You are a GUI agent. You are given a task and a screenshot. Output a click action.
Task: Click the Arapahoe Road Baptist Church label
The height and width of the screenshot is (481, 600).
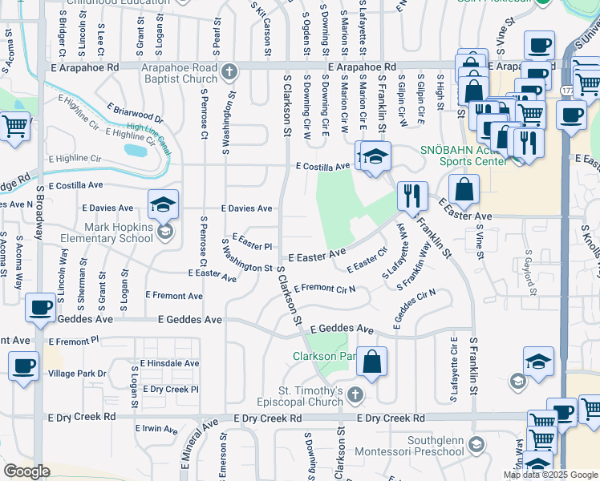(179, 73)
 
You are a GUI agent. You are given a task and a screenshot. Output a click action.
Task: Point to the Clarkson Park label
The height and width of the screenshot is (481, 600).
(323, 355)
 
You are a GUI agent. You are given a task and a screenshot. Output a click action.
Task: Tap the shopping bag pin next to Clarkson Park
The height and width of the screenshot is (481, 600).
(371, 361)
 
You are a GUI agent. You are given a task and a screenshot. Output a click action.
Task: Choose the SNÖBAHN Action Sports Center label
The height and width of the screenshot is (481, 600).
(464, 156)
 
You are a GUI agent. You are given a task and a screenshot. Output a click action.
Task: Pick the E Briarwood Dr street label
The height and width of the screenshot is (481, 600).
(134, 112)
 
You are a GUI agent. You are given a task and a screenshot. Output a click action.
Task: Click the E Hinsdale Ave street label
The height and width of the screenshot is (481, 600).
(169, 363)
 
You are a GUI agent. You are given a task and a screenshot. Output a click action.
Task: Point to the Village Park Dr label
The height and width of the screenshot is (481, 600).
(77, 374)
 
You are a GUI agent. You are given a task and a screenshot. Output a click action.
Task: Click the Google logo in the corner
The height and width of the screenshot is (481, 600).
(26, 471)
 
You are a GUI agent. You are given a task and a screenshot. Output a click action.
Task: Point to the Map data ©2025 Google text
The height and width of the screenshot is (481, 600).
(550, 475)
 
